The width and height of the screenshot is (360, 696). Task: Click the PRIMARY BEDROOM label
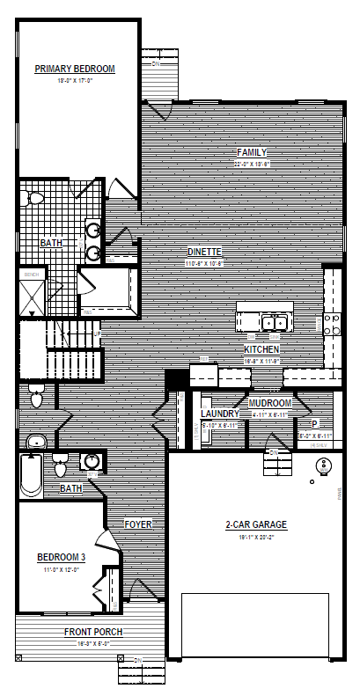[75, 69]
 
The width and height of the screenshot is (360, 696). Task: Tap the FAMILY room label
[251, 152]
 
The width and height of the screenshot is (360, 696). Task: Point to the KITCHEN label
[261, 349]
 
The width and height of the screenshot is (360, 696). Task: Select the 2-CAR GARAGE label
[256, 525]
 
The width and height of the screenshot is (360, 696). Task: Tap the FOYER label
[138, 524]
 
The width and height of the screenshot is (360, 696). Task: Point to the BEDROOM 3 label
[62, 557]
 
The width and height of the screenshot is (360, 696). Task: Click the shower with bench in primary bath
[32, 293]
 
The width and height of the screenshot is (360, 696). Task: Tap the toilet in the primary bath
[36, 199]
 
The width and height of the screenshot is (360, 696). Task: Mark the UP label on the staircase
[96, 334]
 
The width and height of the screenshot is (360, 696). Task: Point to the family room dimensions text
[251, 164]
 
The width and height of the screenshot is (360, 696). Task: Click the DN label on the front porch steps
[137, 660]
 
